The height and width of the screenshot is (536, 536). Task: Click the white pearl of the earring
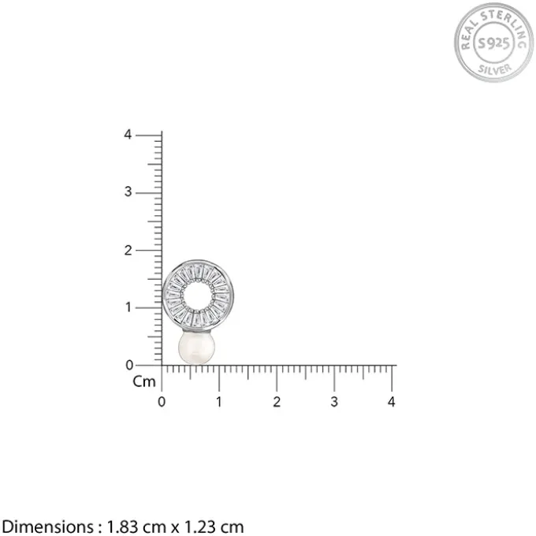(196, 348)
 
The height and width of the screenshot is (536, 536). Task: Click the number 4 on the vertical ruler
(128, 135)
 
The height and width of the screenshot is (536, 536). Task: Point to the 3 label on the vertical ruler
(128, 192)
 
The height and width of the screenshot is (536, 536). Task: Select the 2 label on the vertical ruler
(128, 251)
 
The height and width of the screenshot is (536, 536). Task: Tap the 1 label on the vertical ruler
(128, 307)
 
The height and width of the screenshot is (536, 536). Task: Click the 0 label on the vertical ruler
(128, 366)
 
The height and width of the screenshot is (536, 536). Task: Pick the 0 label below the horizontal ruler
(162, 402)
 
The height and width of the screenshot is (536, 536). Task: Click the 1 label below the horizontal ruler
(219, 402)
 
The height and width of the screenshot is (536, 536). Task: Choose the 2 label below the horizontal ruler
(277, 402)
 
